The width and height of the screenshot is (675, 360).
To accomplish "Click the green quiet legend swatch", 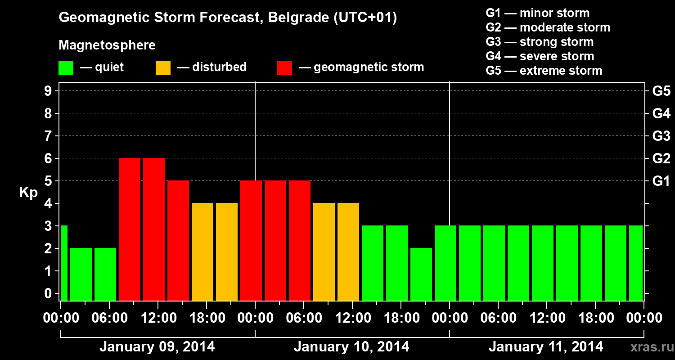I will [66, 68].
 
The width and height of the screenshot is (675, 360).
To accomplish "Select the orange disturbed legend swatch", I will [163, 68].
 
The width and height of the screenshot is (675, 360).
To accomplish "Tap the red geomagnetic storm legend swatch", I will [284, 68].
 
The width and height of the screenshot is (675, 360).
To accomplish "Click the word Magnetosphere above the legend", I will [107, 45].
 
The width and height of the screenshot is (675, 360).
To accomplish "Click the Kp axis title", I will [28, 192].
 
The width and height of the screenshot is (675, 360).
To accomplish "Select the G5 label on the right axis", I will [661, 91].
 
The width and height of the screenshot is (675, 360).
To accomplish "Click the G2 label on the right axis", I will [661, 159].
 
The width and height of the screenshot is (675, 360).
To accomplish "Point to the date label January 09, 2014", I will [157, 347].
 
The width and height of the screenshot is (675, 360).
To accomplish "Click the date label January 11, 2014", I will [546, 347].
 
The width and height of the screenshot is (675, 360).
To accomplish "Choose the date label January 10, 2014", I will [351, 347].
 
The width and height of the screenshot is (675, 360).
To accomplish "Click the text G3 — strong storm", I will [540, 42].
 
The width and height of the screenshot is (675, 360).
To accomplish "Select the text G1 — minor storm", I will [537, 13].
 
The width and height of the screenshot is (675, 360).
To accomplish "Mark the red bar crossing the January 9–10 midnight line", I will [251, 240].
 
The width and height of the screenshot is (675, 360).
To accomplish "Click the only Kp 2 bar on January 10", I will [421, 274].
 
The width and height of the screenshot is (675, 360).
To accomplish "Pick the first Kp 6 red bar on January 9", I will [130, 229].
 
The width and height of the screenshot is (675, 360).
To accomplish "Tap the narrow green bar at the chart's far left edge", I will [64, 263].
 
